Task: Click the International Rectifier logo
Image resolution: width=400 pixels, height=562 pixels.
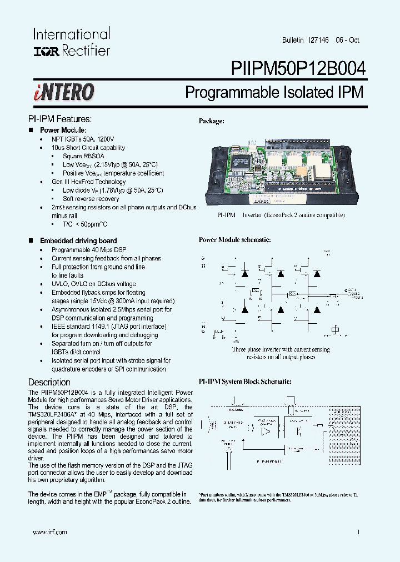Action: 72,42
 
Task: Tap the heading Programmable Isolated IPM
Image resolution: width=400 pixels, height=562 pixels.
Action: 274,92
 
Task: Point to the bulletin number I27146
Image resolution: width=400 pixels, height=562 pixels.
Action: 318,41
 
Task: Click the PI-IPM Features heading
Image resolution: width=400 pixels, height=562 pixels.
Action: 59,119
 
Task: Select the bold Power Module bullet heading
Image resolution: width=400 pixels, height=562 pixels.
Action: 62,130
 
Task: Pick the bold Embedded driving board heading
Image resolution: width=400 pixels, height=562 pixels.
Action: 78,240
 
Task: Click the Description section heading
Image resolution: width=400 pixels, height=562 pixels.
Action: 49,383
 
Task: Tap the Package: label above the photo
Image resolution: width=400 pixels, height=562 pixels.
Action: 212,121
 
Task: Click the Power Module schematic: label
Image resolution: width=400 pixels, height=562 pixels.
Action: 234,240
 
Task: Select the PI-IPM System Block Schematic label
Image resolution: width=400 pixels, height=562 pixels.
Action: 244,382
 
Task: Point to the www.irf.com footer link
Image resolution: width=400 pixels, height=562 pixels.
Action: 50,531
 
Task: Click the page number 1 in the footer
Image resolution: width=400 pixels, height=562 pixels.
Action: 358,531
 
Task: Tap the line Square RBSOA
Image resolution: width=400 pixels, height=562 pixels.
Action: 83,156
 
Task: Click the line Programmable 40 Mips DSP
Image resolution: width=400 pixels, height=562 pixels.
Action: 89,250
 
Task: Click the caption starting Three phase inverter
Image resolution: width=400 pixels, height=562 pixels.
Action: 281,349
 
